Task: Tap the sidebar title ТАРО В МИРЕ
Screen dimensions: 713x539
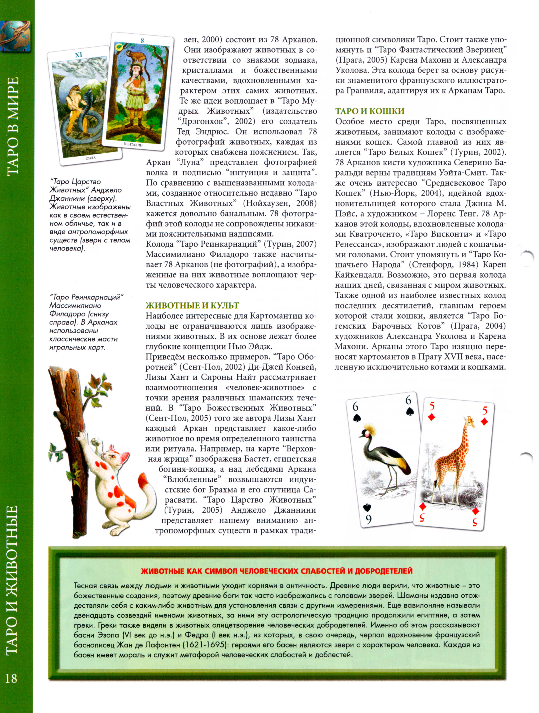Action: (x=12, y=126)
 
